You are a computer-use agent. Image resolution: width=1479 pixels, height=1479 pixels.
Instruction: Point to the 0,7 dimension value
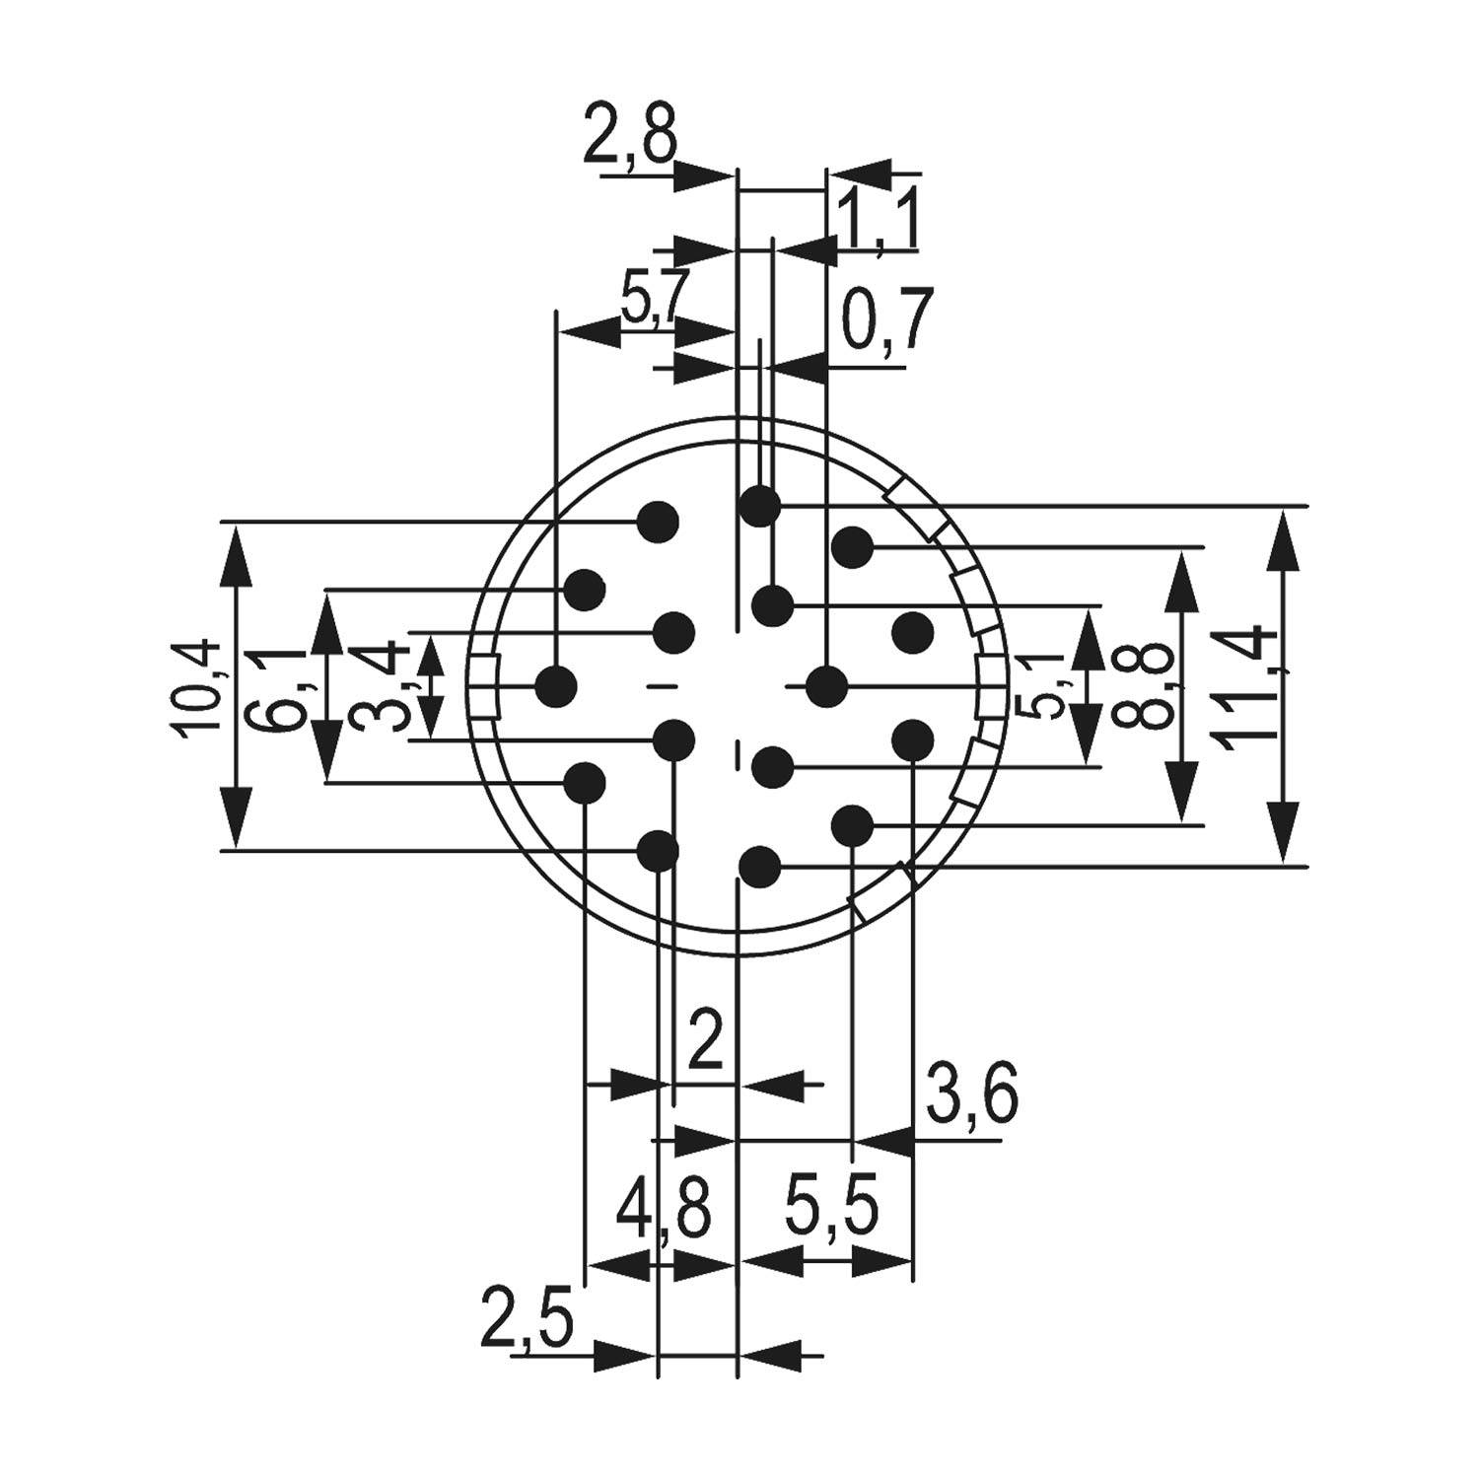coord(885,321)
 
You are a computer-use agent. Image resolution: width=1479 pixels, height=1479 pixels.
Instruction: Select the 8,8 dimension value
coord(1146,686)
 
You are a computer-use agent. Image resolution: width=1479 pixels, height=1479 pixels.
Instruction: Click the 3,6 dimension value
coord(970,1093)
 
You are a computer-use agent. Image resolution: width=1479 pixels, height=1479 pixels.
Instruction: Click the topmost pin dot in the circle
coord(760,507)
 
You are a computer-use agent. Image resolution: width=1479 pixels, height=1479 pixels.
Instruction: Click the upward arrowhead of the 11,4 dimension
coord(1284,540)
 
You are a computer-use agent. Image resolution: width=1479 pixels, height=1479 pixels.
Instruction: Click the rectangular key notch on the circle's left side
coord(483,686)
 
